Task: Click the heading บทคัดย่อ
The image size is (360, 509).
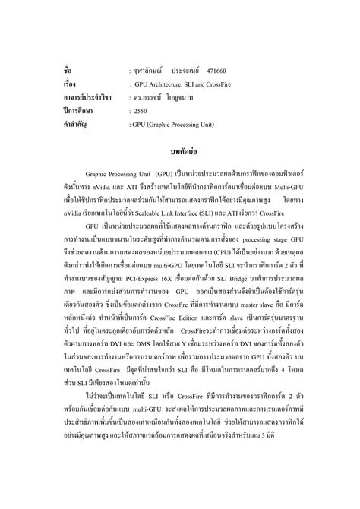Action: pos(180,150)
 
